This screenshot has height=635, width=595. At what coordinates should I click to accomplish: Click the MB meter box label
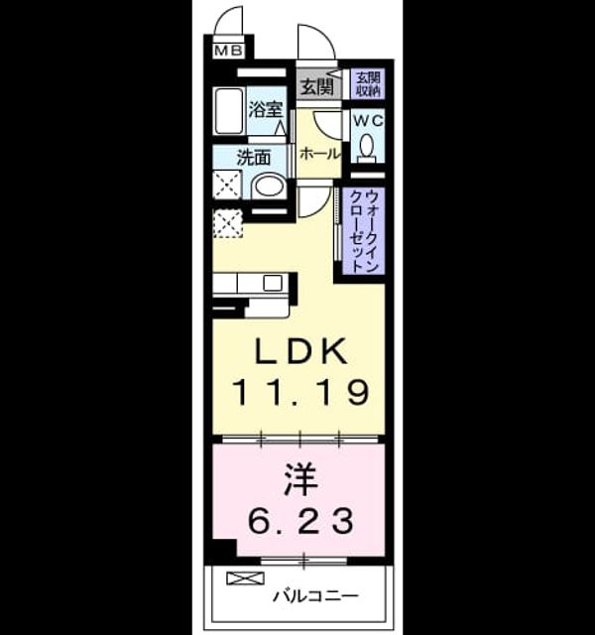(x=228, y=51)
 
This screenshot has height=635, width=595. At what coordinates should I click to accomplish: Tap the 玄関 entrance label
(x=317, y=86)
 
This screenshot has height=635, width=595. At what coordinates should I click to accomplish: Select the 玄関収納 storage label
(x=368, y=84)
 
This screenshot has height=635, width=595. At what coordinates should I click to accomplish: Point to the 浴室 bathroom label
(x=266, y=109)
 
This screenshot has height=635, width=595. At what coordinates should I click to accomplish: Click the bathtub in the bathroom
(x=229, y=110)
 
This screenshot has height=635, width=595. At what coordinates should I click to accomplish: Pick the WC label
(x=368, y=121)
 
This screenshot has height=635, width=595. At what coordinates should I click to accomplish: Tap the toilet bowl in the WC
(x=367, y=145)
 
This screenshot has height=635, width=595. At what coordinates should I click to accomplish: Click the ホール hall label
(x=319, y=154)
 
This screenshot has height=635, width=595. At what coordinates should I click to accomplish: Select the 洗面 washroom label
(x=254, y=158)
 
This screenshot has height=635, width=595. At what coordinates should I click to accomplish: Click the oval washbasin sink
(x=269, y=188)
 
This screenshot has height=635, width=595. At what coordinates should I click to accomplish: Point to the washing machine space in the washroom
(x=227, y=185)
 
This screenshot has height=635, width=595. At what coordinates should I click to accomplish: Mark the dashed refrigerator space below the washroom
(x=228, y=223)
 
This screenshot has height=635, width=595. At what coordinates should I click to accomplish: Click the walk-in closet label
(x=363, y=231)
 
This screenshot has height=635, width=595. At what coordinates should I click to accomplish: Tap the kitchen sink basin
(x=273, y=283)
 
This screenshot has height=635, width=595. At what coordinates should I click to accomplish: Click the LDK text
(x=300, y=350)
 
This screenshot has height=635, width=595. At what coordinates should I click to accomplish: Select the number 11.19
(x=299, y=392)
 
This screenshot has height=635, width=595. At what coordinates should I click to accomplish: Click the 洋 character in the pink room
(x=299, y=480)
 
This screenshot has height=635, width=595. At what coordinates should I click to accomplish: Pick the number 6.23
(x=300, y=521)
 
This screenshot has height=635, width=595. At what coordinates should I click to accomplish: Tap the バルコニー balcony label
(x=315, y=596)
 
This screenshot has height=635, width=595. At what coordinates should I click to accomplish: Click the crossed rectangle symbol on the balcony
(x=245, y=578)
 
